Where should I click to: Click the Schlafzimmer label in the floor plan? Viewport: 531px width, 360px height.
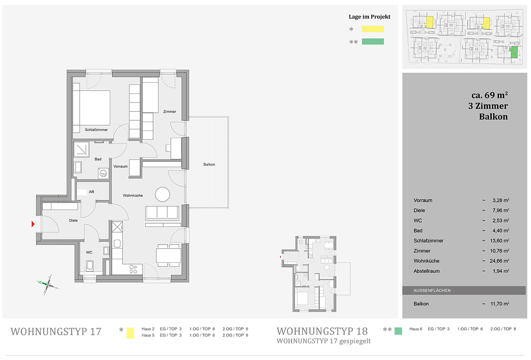coord(96,130)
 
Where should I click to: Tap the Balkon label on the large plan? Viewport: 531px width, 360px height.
coord(209,165)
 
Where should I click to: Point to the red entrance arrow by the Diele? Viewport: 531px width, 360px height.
coord(33,224)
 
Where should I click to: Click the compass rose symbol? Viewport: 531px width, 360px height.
coord(48,284)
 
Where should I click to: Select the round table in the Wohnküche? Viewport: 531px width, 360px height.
coord(162,194)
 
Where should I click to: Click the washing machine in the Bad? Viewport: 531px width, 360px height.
coord(104,173)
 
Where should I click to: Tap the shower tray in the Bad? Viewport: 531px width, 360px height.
coord(81,149)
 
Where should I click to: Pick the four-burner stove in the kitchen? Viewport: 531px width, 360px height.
coord(133,269)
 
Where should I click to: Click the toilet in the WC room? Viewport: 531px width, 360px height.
coord(90,266)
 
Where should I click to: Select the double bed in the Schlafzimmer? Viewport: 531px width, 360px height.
coord(92,107)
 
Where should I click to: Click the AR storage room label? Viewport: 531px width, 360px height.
coord(92,192)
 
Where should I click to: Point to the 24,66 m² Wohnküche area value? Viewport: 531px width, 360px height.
coord(499,261)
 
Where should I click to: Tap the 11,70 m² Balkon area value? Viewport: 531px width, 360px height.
coord(500,304)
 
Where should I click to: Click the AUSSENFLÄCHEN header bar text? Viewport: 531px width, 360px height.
coord(432,291)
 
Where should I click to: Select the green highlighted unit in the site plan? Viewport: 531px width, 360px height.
coord(514,52)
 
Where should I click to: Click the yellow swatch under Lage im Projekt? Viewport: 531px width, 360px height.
coord(373,29)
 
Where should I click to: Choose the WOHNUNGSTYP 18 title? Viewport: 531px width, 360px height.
coord(322,331)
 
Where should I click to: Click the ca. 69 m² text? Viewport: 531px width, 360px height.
coord(489,95)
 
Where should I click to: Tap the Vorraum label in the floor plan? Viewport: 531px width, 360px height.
coord(120,167)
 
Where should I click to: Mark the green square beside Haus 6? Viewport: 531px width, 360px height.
coord(398,331)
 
